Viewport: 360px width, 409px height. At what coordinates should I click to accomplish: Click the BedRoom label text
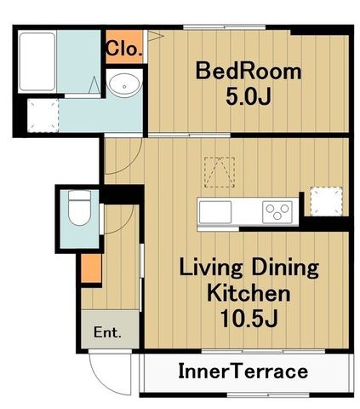[249, 71]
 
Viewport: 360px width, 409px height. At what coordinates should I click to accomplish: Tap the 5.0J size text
[249, 96]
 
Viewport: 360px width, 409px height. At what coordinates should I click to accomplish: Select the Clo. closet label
[124, 49]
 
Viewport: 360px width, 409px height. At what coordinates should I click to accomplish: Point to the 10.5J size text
[249, 318]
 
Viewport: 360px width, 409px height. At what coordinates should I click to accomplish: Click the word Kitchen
[249, 293]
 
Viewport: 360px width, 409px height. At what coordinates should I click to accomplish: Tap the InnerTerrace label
[243, 372]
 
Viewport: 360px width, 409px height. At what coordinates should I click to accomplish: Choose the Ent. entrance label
[107, 332]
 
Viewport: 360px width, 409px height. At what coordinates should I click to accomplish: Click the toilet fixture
[79, 208]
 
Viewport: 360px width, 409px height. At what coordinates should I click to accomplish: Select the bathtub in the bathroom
[37, 62]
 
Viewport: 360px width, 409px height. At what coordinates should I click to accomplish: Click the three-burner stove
[277, 211]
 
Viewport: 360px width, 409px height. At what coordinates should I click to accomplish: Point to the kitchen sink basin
[215, 211]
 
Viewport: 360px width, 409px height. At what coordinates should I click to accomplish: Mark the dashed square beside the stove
[327, 201]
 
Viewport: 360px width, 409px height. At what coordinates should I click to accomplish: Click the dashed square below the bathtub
[43, 115]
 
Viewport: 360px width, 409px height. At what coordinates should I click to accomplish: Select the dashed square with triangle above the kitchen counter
[220, 172]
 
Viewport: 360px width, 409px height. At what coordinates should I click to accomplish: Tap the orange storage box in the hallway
[91, 268]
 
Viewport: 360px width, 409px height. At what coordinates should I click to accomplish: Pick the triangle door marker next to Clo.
[155, 36]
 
